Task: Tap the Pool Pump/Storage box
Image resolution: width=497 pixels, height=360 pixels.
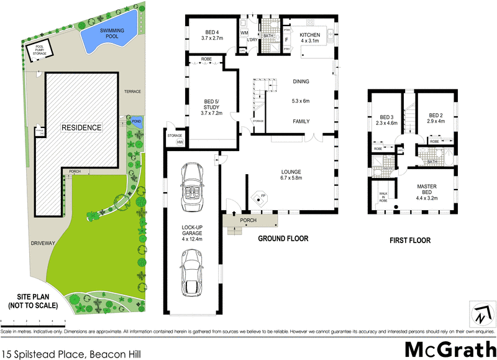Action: [39, 51]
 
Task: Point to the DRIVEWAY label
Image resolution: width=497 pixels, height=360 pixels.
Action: [42, 243]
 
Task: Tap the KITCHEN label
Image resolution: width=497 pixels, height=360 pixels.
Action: [310, 35]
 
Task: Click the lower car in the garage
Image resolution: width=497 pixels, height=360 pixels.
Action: [192, 269]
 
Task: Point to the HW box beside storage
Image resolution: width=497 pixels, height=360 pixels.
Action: [180, 143]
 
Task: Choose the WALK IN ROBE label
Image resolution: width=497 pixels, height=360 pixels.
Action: [383, 197]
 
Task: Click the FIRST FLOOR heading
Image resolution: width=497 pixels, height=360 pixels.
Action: [410, 240]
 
